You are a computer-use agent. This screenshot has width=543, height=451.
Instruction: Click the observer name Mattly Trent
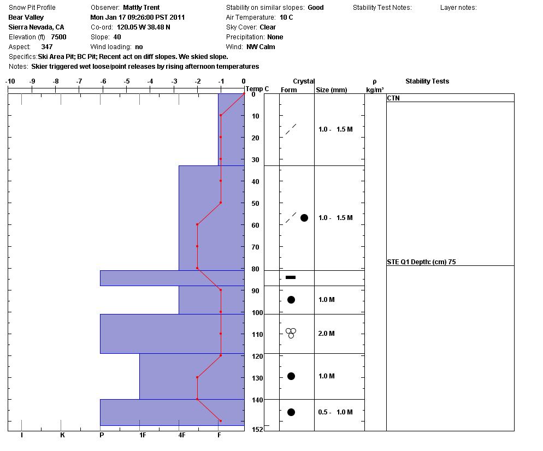141,8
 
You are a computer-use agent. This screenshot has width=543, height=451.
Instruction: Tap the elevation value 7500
58,37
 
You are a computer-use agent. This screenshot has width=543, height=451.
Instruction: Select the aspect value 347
47,47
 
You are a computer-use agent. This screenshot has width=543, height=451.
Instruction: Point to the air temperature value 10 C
286,17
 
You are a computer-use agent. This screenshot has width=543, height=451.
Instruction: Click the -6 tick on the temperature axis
103,82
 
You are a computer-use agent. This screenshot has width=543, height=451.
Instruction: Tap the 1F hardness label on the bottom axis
143,435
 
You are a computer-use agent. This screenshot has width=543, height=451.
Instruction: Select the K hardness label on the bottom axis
62,435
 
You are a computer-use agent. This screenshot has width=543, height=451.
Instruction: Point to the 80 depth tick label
256,269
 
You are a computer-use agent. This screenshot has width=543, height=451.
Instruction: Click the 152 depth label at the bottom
257,430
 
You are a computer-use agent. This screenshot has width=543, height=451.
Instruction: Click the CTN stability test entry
393,98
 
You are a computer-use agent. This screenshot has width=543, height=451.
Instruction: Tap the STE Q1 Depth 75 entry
421,262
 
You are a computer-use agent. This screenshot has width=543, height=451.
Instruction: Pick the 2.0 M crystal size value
326,334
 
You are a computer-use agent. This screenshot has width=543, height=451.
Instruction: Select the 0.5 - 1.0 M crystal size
335,412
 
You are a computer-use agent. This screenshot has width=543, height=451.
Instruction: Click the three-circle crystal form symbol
291,333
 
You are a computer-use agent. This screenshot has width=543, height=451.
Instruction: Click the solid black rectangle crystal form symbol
291,277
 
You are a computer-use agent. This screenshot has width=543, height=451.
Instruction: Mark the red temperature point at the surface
244,94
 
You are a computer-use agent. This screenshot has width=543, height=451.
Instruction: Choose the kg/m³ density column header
375,90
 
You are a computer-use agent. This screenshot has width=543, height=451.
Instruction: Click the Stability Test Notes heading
382,8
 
